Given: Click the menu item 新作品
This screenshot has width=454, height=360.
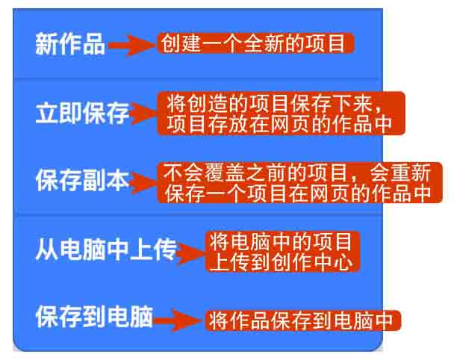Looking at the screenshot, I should pyautogui.click(x=70, y=46).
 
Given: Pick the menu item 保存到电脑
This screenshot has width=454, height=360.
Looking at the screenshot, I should pyautogui.click(x=94, y=318).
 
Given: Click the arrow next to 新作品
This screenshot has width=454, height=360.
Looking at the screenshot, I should pyautogui.click(x=131, y=46).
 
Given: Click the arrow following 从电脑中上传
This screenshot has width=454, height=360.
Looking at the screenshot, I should pyautogui.click(x=191, y=252).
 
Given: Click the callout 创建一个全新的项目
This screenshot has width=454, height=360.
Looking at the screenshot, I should pyautogui.click(x=255, y=43).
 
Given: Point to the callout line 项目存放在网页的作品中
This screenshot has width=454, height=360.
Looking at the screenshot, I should pyautogui.click(x=280, y=123).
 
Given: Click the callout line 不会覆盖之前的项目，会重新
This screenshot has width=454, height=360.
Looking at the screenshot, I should pyautogui.click(x=296, y=173).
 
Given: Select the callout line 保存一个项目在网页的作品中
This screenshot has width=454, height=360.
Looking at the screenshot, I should pyautogui.click(x=296, y=193).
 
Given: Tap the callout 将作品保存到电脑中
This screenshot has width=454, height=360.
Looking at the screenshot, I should pyautogui.click(x=302, y=321).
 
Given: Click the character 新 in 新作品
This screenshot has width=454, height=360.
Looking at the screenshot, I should pyautogui.click(x=46, y=46).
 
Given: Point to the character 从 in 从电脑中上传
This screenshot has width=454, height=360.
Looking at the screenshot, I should pyautogui.click(x=46, y=251).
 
